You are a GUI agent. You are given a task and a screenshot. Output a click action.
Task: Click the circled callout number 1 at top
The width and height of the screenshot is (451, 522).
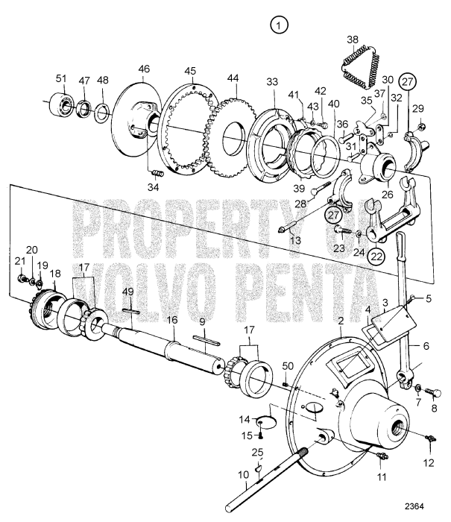click(x=279, y=26)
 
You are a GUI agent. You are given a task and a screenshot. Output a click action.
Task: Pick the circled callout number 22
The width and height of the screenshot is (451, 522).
click(x=377, y=256)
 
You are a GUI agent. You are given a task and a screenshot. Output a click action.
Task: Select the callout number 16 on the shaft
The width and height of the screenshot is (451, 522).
click(x=172, y=319)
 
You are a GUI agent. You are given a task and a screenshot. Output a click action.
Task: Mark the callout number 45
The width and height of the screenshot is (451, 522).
click(x=190, y=71)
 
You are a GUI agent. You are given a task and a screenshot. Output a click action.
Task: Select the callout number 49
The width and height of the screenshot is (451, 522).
click(x=127, y=291)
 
